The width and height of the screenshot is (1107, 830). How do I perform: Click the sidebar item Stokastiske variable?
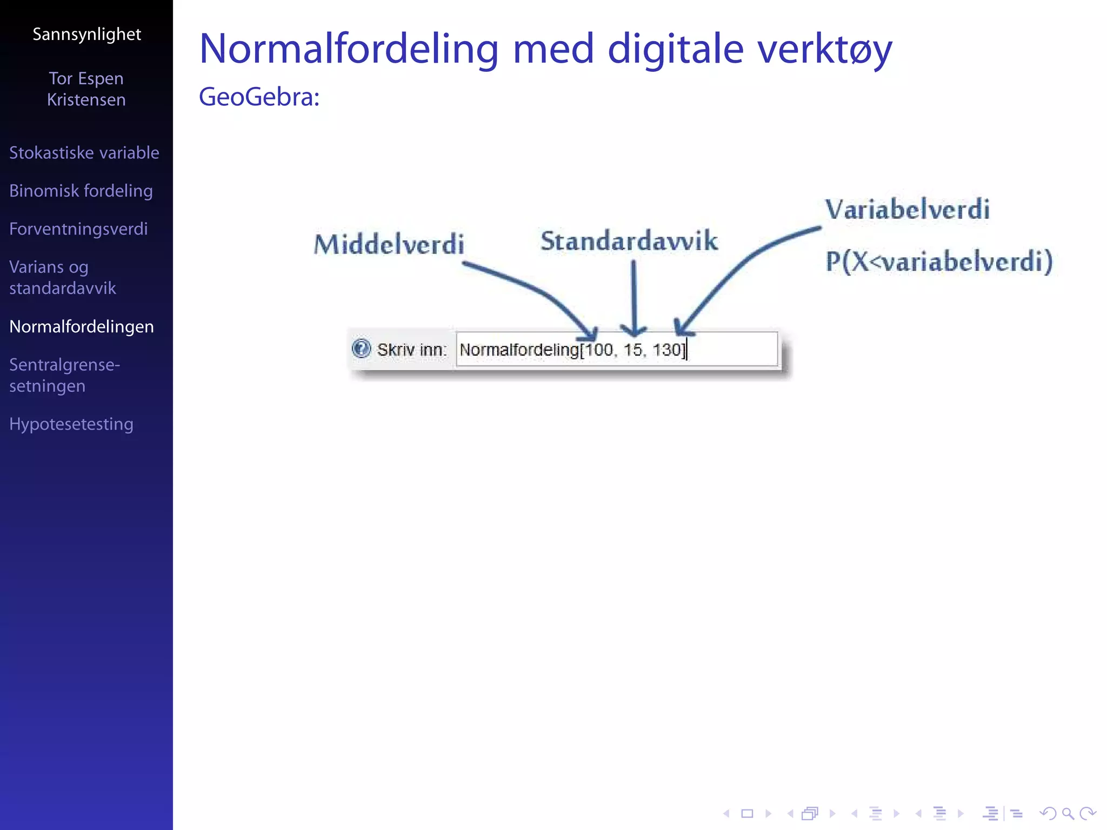click(x=84, y=153)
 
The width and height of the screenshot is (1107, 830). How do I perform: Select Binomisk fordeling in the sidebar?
click(x=81, y=191)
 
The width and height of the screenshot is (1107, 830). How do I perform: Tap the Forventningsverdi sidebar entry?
click(x=78, y=229)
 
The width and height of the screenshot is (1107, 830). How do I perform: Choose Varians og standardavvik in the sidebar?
click(x=62, y=277)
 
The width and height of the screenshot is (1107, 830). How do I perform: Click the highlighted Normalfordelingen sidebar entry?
click(x=82, y=327)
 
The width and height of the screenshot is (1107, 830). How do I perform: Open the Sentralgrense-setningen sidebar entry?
click(x=64, y=375)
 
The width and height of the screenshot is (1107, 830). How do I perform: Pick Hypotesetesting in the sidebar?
click(x=71, y=424)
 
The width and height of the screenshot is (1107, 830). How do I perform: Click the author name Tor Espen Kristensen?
click(x=86, y=89)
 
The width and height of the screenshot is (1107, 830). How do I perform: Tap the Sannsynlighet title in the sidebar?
click(x=86, y=35)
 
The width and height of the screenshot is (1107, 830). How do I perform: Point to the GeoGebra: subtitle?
click(x=259, y=97)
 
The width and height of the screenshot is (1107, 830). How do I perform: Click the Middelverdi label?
click(x=389, y=244)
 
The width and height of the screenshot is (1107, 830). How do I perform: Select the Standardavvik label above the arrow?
click(x=629, y=241)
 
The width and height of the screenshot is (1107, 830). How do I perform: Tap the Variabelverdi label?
click(x=907, y=210)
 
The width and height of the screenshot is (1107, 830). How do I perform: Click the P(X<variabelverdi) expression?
click(x=939, y=262)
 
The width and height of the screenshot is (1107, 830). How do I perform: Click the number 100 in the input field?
click(x=599, y=350)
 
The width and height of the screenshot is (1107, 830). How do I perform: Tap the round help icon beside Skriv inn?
click(x=361, y=349)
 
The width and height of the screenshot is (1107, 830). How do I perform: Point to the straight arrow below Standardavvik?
click(x=633, y=297)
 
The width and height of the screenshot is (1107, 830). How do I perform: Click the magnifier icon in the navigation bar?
click(x=1068, y=813)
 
